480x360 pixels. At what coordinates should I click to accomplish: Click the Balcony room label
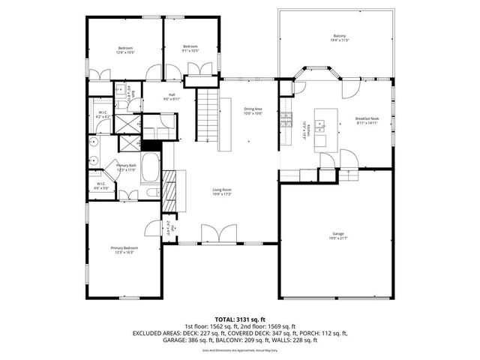pyautogui.click(x=340, y=35)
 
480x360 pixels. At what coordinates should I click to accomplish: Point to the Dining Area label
pyautogui.click(x=253, y=109)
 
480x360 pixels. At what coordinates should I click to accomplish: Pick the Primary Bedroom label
pyautogui.click(x=124, y=247)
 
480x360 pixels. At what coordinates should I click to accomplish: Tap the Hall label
pyautogui.click(x=172, y=94)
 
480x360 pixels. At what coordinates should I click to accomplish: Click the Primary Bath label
pyautogui.click(x=126, y=166)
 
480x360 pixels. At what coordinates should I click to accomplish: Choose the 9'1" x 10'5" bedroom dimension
pyautogui.click(x=190, y=51)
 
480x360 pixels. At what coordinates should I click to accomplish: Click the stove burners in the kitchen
pyautogui.click(x=286, y=118)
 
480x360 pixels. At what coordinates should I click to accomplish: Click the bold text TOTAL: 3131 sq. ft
pyautogui.click(x=240, y=318)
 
